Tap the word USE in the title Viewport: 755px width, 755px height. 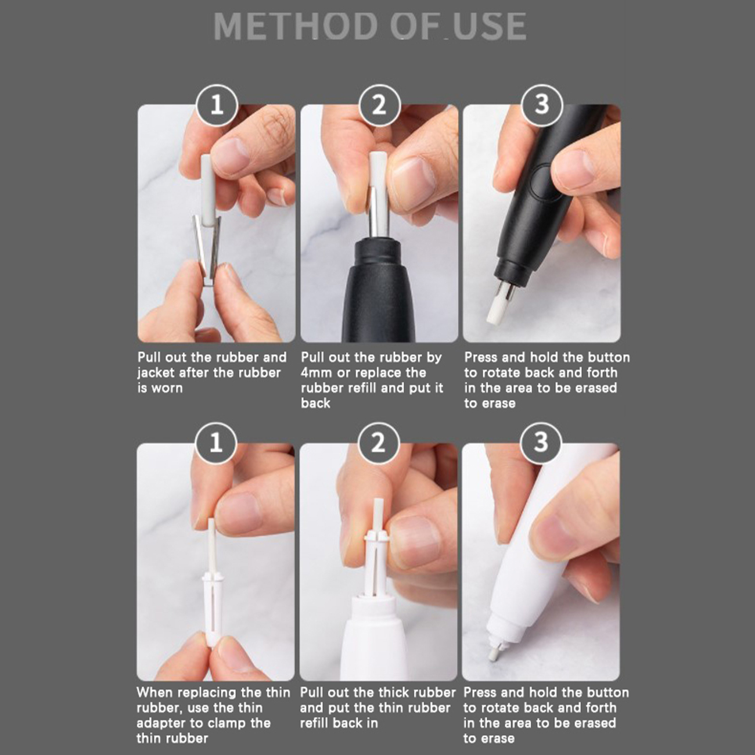tap(490, 26)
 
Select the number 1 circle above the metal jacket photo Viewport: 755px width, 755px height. tap(217, 105)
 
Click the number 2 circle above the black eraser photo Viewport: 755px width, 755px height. tap(379, 105)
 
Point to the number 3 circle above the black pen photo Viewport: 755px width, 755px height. tap(542, 105)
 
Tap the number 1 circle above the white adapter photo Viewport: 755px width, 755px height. tap(216, 443)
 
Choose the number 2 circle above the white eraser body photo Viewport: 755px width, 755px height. tap(379, 443)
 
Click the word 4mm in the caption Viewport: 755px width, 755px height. tap(317, 373)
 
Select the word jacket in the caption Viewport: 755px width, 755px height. tap(156, 373)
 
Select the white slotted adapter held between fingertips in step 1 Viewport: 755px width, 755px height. tap(212, 603)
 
